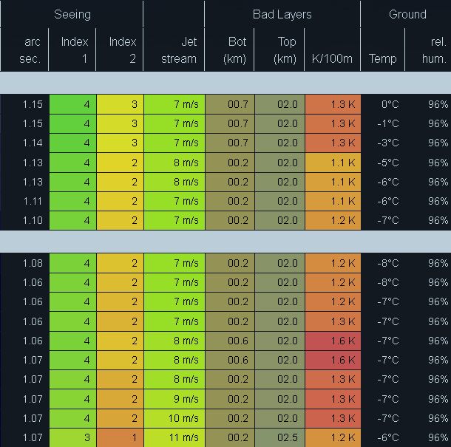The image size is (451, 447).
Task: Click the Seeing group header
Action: tap(72, 14)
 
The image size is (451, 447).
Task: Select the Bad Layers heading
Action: tap(282, 14)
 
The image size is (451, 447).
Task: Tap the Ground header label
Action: tap(407, 14)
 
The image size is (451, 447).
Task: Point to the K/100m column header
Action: tap(333, 58)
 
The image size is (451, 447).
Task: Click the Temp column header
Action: tap(383, 58)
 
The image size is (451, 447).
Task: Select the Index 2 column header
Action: tap(123, 50)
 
